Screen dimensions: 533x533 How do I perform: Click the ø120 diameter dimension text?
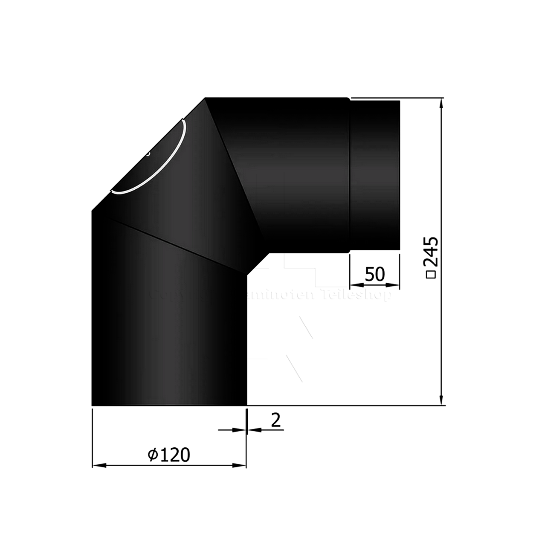point(169,455)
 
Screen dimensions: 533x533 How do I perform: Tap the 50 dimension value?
point(375,274)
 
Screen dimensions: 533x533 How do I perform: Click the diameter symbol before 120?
point(153,455)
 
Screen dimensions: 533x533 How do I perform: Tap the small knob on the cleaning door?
point(148,154)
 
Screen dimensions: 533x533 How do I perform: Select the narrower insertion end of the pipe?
point(375,175)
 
